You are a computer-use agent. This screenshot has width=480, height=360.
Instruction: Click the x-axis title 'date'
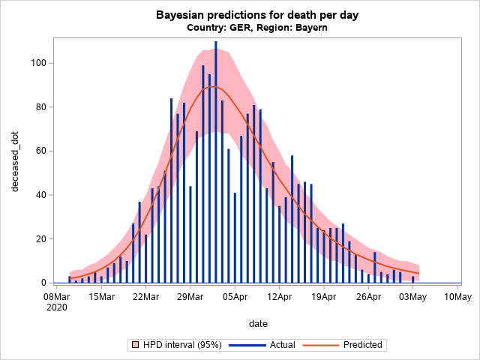coord(258,322)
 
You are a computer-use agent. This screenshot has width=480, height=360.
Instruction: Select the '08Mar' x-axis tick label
coord(57,296)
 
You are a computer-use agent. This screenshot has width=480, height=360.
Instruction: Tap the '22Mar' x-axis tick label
coord(145,296)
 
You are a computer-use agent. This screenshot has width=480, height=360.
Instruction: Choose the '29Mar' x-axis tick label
coord(190,296)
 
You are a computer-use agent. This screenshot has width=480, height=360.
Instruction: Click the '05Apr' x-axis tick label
coord(235,296)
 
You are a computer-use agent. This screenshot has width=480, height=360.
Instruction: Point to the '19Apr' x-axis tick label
coord(323,296)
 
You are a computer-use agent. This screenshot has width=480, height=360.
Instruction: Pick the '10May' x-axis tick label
coord(457,296)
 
